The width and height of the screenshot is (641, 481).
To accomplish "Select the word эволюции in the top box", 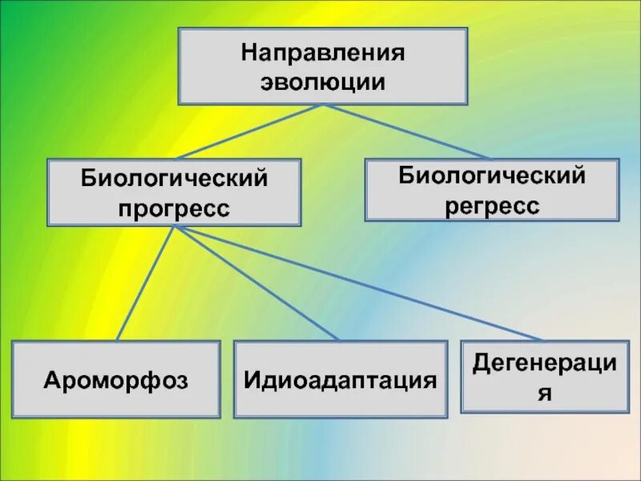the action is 322,82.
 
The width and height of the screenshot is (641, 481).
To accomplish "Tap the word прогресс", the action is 174,208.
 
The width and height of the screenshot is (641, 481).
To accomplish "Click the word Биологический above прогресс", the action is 174,179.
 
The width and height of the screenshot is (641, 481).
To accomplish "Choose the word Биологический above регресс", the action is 491,175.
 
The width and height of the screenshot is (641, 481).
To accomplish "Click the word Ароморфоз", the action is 116,380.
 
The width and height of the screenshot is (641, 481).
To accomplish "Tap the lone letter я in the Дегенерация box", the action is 545,394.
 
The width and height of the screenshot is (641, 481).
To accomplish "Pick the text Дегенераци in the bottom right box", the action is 545,363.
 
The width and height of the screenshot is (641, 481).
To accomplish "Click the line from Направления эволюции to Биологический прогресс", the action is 248,131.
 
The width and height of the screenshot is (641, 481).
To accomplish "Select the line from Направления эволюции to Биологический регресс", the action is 405,131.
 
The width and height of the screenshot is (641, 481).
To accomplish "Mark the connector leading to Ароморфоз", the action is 146,282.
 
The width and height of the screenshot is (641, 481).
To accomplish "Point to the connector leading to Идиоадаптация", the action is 256,282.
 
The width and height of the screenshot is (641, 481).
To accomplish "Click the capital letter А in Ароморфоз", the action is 50,380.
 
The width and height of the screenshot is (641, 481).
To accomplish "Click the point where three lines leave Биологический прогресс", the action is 175,227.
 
